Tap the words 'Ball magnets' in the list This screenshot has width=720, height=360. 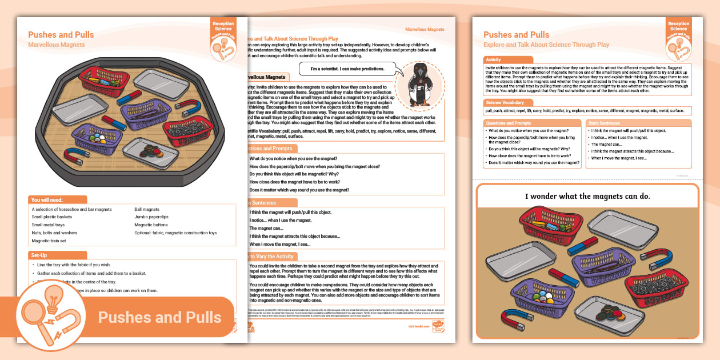point(147,210)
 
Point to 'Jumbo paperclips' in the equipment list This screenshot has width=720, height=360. point(152,217)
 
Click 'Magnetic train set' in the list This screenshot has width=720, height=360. point(49,241)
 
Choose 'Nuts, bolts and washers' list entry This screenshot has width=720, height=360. point(55,233)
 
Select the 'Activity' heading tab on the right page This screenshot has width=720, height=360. point(494,60)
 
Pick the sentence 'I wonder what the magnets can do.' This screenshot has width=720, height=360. point(587,197)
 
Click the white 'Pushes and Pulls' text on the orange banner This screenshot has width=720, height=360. point(159,318)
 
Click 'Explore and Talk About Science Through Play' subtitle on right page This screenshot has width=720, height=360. point(546,45)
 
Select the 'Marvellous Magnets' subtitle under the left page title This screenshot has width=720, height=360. point(57,45)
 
